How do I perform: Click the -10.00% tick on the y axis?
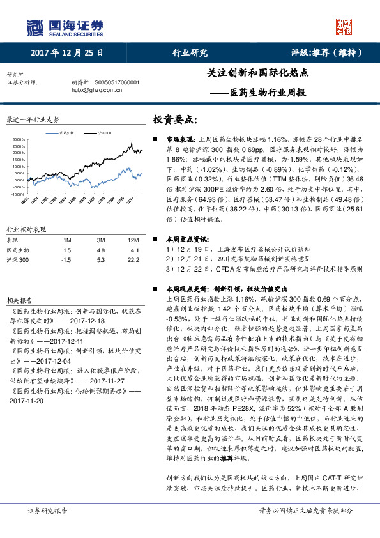pyautogui.click(x=18, y=193)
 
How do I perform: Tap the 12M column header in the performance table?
pyautogui.click(x=133, y=239)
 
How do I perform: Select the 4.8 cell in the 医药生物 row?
pyautogui.click(x=100, y=250)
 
